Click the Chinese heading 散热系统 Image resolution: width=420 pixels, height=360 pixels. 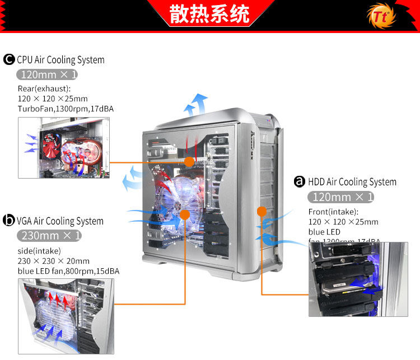tap(209, 15)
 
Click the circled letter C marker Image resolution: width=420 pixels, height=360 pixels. tap(9, 60)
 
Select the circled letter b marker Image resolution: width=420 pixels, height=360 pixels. tap(9, 221)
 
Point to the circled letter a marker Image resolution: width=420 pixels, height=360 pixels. tap(300, 181)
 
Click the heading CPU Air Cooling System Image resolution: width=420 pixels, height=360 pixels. tap(60, 60)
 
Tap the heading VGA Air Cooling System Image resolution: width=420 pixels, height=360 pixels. tap(60, 221)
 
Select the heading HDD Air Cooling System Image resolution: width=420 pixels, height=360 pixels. tap(352, 181)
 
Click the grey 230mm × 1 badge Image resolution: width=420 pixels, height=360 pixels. tap(49, 235)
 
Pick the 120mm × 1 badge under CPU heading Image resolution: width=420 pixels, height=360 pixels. tap(46, 74)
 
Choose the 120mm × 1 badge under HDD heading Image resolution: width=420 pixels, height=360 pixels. tap(340, 197)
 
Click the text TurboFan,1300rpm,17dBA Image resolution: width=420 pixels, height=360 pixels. tap(66, 109)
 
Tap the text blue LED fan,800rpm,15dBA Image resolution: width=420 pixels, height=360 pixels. tap(68, 271)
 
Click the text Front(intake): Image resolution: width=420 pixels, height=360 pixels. tap(333, 212)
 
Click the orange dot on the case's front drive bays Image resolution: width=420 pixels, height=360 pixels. tap(260, 211)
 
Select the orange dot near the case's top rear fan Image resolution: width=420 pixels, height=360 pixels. tap(189, 162)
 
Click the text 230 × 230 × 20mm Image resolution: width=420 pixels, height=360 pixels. tap(54, 261)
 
